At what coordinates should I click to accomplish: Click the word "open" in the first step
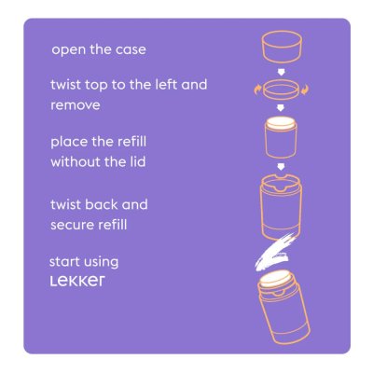click(x=67, y=49)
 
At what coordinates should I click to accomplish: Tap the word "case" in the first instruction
click(x=131, y=49)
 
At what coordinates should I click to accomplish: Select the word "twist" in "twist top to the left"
click(x=66, y=85)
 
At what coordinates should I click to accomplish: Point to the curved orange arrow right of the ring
click(x=307, y=90)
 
